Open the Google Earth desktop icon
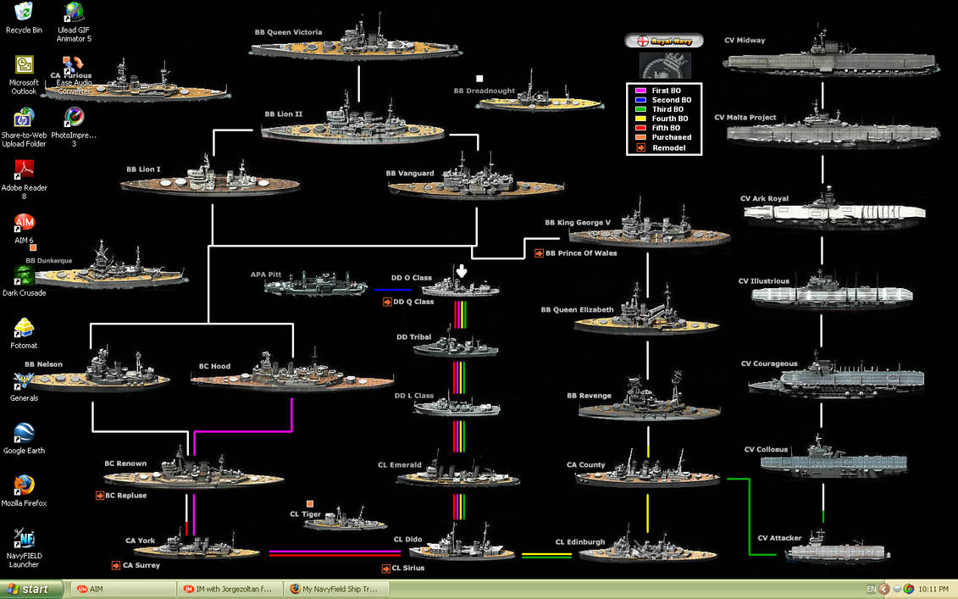tap(24, 434)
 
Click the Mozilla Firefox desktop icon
tap(24, 485)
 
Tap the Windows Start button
tap(31, 589)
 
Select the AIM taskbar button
tap(123, 589)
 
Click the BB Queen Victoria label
tap(288, 32)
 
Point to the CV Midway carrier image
tap(830, 59)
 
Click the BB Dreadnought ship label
tap(484, 91)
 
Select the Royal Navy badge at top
tap(664, 41)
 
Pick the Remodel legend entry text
tap(669, 148)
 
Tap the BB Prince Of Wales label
tap(581, 253)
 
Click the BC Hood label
tap(214, 367)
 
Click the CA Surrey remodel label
tap(141, 565)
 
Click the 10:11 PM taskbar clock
tap(933, 589)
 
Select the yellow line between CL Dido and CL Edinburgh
tap(546, 554)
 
